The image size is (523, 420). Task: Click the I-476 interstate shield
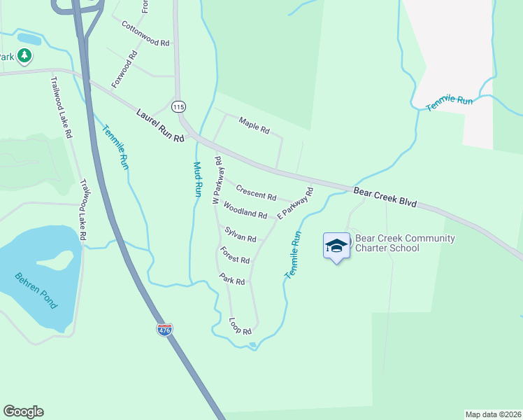pos(164,330)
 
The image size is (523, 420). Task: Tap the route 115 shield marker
pos(178,106)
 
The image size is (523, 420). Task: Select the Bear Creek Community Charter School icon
pos(336,246)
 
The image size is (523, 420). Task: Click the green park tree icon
pos(24,55)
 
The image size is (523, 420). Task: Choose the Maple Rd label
pos(254,125)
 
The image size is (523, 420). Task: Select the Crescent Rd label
pos(256,191)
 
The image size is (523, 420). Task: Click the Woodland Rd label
pos(245,210)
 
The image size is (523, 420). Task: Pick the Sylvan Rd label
pos(241,234)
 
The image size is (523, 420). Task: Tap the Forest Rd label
pos(234,255)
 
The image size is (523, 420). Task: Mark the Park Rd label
pos(231,279)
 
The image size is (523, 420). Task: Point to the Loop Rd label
pos(240,326)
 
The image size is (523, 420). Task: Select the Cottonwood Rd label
pos(145,34)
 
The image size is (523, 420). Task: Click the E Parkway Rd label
pos(294,204)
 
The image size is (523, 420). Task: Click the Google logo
pos(23,412)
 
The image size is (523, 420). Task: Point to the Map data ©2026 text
pos(493,414)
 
